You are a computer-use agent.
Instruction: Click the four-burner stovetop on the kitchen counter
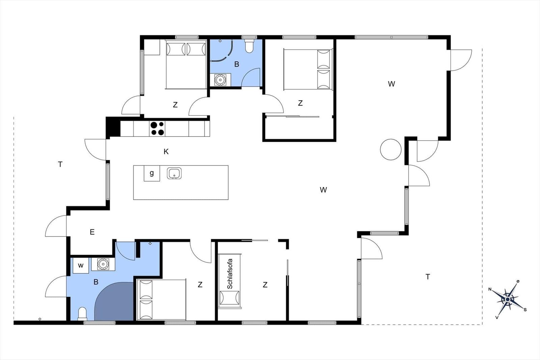pyautogui.click(x=157, y=129)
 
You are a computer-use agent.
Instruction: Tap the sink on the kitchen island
pyautogui.click(x=174, y=173)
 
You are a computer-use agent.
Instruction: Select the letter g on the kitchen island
pyautogui.click(x=152, y=173)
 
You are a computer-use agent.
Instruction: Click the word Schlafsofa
pyautogui.click(x=230, y=274)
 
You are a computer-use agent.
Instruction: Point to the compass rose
pyautogui.click(x=508, y=299)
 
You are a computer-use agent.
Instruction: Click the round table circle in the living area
pyautogui.click(x=391, y=149)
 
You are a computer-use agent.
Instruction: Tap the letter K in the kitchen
pyautogui.click(x=166, y=151)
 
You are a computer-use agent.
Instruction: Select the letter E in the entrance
pyautogui.click(x=92, y=232)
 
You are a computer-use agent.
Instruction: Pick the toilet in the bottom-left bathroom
pyautogui.click(x=82, y=314)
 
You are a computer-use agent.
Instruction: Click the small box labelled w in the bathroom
pyautogui.click(x=81, y=265)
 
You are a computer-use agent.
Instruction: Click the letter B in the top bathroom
pyautogui.click(x=237, y=64)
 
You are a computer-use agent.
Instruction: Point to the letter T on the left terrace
pyautogui.click(x=60, y=164)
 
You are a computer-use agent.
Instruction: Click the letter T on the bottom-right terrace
pyautogui.click(x=428, y=277)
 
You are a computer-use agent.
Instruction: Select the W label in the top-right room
pyautogui.click(x=391, y=84)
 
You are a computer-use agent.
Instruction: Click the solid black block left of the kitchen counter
pyautogui.click(x=113, y=127)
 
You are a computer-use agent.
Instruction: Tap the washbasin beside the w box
pyautogui.click(x=103, y=264)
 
